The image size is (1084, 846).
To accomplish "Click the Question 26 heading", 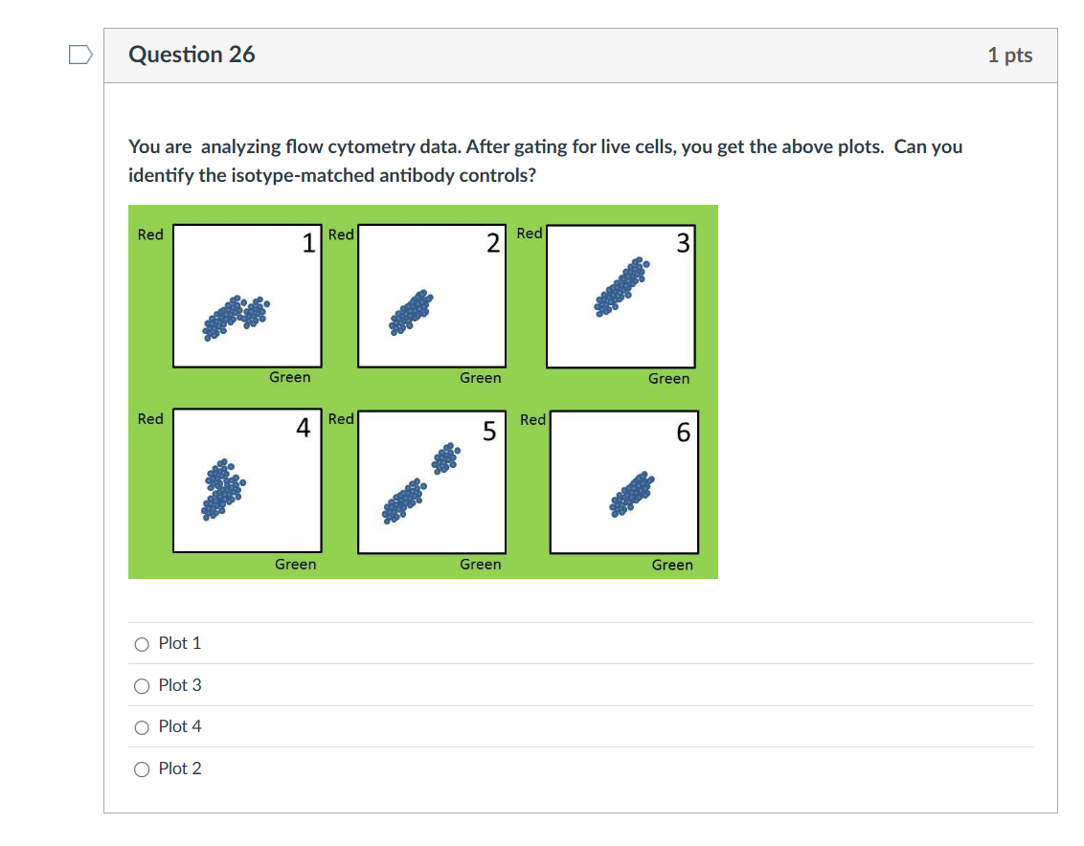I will [x=192, y=55].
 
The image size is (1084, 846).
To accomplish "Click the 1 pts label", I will [x=1009, y=56].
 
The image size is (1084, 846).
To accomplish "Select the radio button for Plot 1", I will [x=142, y=644].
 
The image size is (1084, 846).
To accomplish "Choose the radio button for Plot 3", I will [x=142, y=685].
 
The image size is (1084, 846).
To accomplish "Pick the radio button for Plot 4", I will [x=142, y=727].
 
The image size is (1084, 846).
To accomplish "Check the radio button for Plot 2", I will [x=142, y=768].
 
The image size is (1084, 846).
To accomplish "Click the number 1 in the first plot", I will [x=308, y=244].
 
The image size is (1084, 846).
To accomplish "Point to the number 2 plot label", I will [x=492, y=243].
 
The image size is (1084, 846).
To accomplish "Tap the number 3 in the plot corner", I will [x=682, y=244].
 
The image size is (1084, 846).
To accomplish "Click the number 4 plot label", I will [x=303, y=429].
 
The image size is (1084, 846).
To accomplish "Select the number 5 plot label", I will [x=489, y=432].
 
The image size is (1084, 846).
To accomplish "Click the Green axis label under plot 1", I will [x=289, y=377].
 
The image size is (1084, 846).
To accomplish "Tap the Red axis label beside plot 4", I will [x=150, y=418].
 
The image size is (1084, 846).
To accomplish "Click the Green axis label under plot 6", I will [x=672, y=565].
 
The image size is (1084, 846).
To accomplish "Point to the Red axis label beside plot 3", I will [x=530, y=234].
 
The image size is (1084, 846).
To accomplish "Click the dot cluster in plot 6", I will [x=633, y=494].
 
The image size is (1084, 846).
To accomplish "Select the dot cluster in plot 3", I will [x=621, y=287].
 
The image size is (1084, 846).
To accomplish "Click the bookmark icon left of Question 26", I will [x=80, y=56].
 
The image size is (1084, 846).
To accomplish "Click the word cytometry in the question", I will [x=372, y=147].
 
